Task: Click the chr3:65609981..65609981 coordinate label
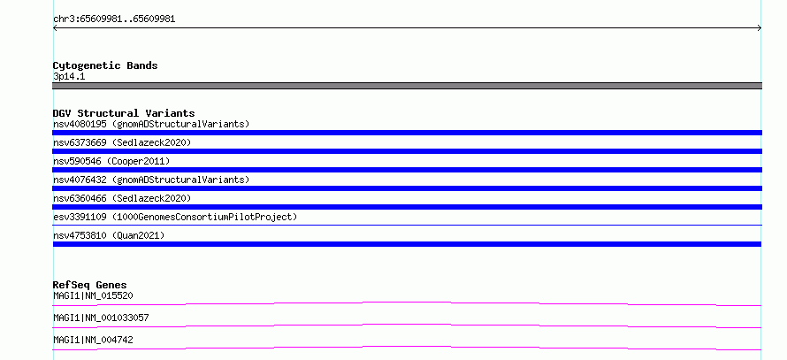tap(114, 19)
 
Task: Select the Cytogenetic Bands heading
tap(105, 65)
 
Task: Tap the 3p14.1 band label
tap(69, 76)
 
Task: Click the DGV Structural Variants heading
tap(124, 113)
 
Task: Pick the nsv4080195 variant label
tap(151, 124)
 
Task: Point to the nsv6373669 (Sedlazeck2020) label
tap(122, 142)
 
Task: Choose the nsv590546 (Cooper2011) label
tap(111, 161)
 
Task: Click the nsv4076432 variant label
tap(151, 180)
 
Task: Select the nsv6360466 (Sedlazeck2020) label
tap(122, 198)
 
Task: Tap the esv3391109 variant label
tap(175, 217)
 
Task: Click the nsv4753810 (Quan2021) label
tap(109, 235)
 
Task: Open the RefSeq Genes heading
tap(90, 285)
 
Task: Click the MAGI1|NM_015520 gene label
tap(93, 295)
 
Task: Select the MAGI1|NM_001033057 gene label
tap(101, 318)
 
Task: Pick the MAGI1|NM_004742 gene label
tap(93, 340)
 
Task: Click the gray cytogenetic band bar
tap(407, 86)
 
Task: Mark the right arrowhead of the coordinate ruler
tap(760, 28)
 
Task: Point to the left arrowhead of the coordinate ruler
tap(54, 28)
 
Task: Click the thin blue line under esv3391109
tap(407, 225)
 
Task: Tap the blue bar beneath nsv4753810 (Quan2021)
tap(407, 244)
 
